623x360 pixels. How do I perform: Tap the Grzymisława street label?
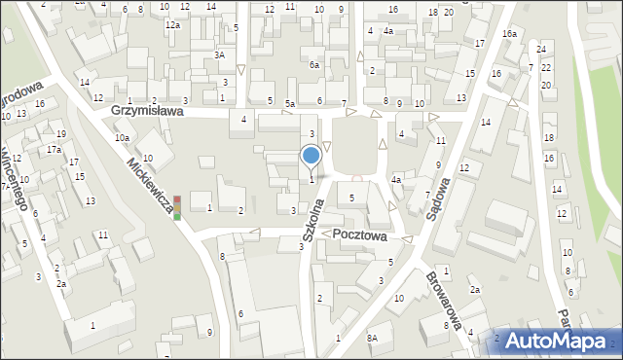tap(147, 111)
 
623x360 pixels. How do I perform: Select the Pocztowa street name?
tap(359, 235)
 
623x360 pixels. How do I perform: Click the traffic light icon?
tap(177, 207)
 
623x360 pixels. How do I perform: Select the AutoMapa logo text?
tap(562, 342)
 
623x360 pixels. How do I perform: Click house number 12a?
tap(172, 25)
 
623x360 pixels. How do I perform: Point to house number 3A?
tap(221, 55)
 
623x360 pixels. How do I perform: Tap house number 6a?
tap(314, 64)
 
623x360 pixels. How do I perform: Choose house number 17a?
tap(54, 150)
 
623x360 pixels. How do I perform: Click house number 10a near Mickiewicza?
tap(122, 138)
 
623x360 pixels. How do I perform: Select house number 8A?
tap(372, 338)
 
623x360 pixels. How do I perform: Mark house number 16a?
tap(509, 34)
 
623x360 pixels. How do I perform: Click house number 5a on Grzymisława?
tap(290, 103)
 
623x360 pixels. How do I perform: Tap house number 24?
tap(540, 49)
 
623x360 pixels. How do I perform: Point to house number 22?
tap(546, 67)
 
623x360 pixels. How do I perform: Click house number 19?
tap(61, 133)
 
